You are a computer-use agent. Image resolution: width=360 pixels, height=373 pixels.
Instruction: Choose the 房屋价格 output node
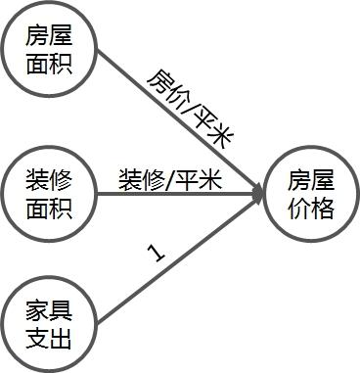coord(310,193)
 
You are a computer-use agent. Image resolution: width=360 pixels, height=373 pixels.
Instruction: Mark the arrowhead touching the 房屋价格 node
coord(258,193)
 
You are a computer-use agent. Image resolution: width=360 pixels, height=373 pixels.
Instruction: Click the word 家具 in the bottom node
coord(49,314)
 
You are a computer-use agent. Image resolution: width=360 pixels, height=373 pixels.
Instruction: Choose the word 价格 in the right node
coord(310,207)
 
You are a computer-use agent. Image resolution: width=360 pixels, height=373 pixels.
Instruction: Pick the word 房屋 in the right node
coord(310,181)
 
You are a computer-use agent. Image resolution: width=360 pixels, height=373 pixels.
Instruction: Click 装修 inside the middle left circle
coord(49,179)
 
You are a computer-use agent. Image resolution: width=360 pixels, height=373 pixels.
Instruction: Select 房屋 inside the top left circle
coord(49,38)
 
